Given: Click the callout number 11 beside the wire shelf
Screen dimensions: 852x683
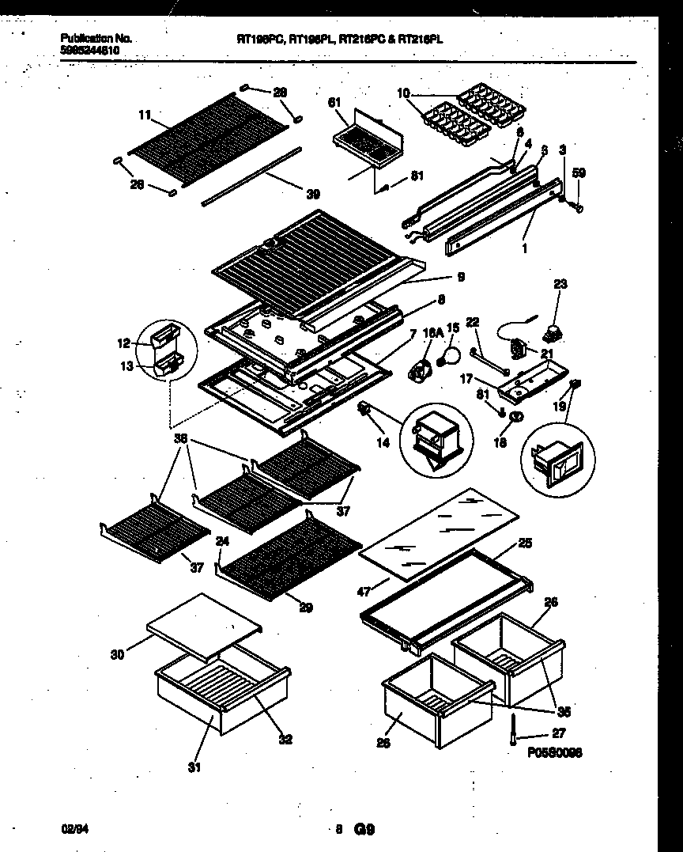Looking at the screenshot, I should tap(144, 115).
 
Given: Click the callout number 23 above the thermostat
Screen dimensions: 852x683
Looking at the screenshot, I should tap(560, 283).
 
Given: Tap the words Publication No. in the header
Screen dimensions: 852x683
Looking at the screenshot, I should tap(96, 38).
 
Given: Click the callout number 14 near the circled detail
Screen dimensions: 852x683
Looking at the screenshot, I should tap(383, 443).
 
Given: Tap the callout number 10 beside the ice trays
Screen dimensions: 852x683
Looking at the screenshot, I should tap(403, 94).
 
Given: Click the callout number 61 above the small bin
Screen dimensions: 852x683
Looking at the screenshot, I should tap(334, 102).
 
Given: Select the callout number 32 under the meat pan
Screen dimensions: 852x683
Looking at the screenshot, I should tap(285, 740).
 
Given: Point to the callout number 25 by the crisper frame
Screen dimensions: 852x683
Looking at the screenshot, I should tap(525, 543).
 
